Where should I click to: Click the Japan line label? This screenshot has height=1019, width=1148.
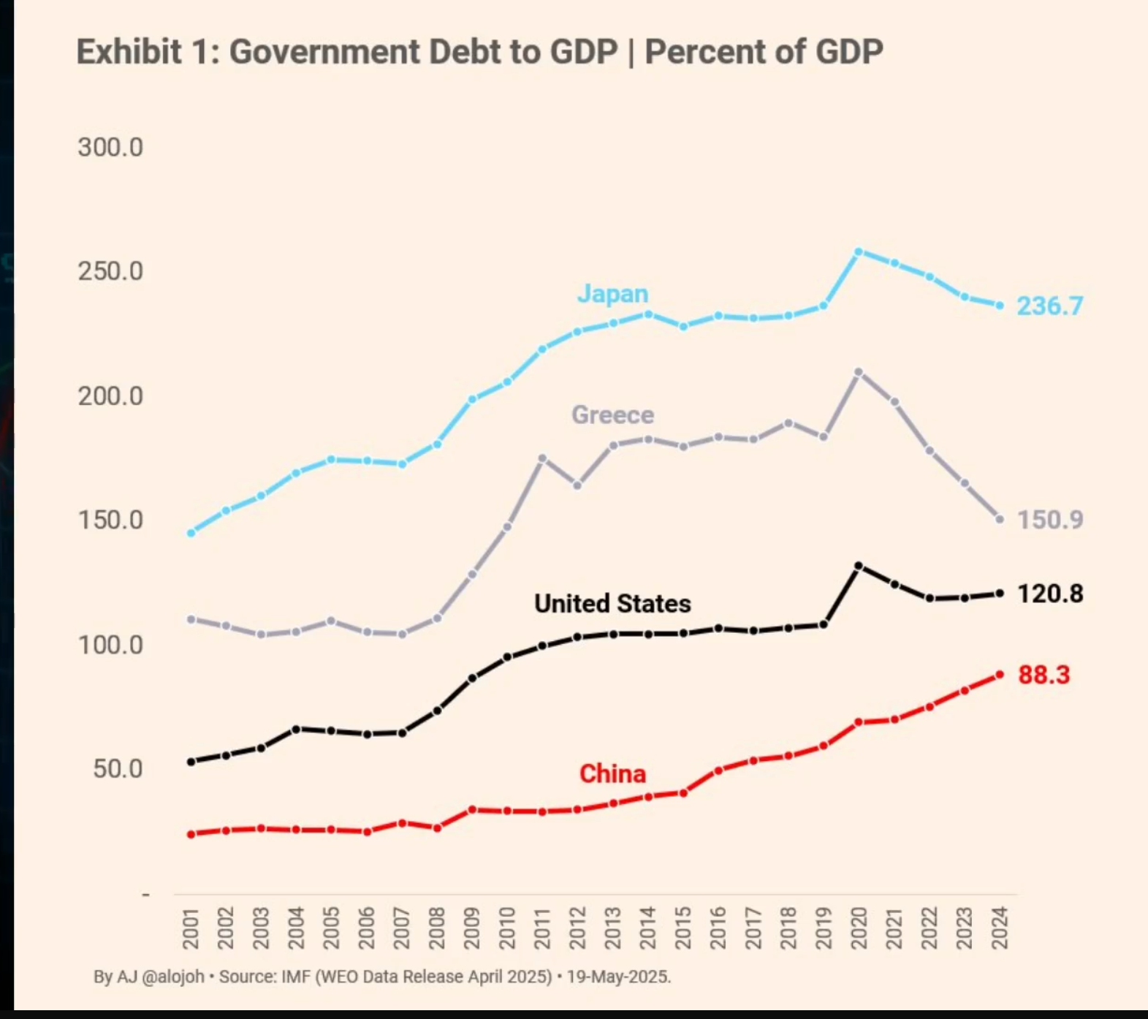tap(612, 293)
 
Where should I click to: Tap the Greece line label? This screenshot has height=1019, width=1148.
tap(612, 414)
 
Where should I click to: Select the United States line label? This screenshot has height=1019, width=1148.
tap(612, 603)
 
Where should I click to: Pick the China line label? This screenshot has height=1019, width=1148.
tap(612, 773)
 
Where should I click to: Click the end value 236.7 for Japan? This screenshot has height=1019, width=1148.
tap(1050, 306)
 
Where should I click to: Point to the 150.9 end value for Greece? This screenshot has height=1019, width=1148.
tap(1050, 520)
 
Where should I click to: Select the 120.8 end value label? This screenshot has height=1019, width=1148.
tap(1050, 594)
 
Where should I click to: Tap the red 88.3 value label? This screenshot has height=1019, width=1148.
tap(1044, 675)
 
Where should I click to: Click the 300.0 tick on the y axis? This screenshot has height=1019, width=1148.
tap(110, 147)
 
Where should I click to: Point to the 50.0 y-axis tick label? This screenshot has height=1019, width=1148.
tap(118, 769)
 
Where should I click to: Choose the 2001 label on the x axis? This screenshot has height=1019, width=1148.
tap(191, 928)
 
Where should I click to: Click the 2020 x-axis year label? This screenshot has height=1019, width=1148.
tap(859, 928)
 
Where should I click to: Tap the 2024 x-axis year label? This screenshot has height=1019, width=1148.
tap(1000, 928)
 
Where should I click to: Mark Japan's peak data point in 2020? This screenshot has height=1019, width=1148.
tap(859, 251)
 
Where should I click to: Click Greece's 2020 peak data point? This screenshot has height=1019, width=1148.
tap(859, 372)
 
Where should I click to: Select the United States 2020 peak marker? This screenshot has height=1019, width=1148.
tap(859, 566)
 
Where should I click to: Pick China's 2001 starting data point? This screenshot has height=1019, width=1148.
tap(191, 834)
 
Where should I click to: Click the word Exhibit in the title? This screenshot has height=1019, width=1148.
tap(129, 52)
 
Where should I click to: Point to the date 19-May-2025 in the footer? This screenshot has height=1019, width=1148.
tap(618, 977)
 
